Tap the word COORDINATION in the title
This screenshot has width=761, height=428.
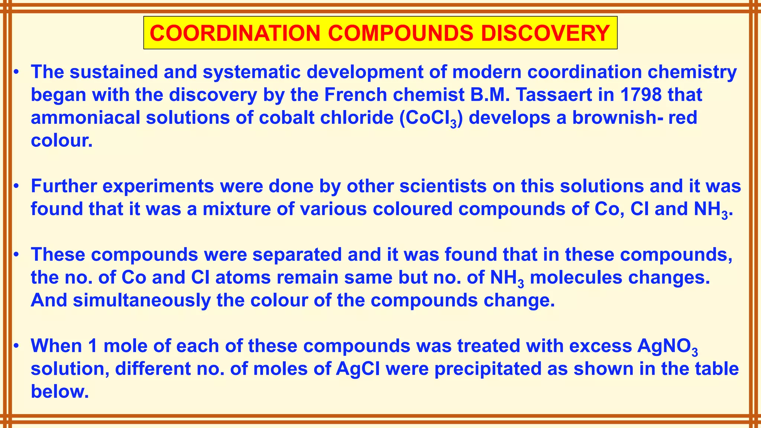click(235, 33)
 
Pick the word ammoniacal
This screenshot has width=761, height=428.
click(85, 118)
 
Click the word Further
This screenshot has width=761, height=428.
click(64, 186)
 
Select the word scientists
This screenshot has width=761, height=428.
click(443, 186)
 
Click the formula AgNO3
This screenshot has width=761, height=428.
click(667, 347)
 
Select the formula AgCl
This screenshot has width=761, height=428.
click(358, 369)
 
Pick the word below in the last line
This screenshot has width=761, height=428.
click(60, 392)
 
